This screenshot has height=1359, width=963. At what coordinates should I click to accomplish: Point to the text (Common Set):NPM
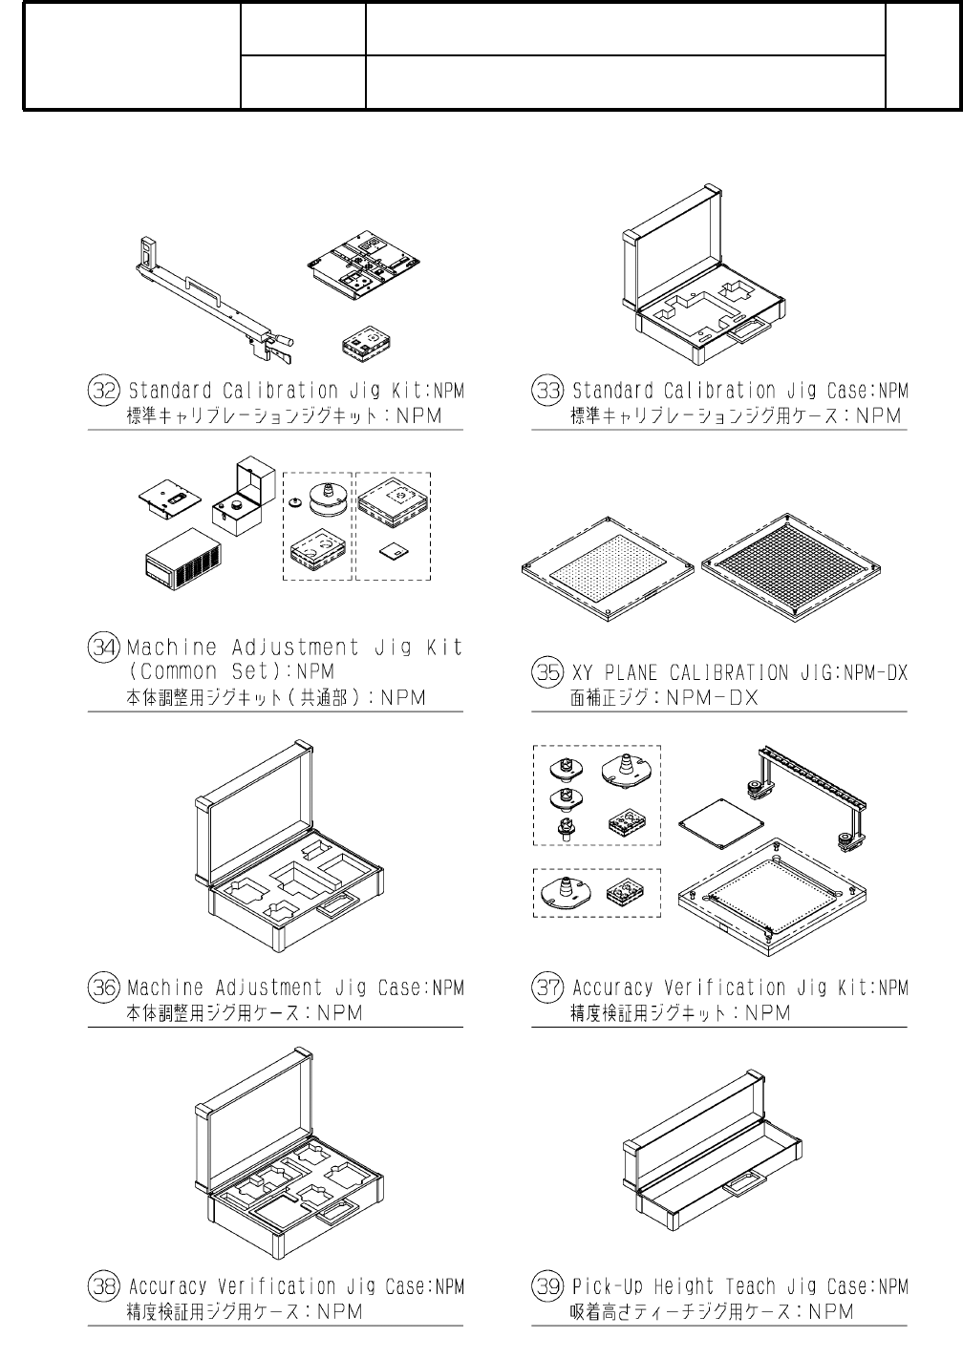[x=231, y=672]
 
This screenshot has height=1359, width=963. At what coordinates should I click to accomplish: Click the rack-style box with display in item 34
[x=182, y=559]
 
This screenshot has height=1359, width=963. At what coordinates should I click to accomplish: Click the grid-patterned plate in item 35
[x=791, y=568]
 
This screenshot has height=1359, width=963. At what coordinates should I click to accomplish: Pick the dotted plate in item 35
[x=608, y=569]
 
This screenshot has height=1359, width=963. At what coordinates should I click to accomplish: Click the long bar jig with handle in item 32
[x=215, y=300]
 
